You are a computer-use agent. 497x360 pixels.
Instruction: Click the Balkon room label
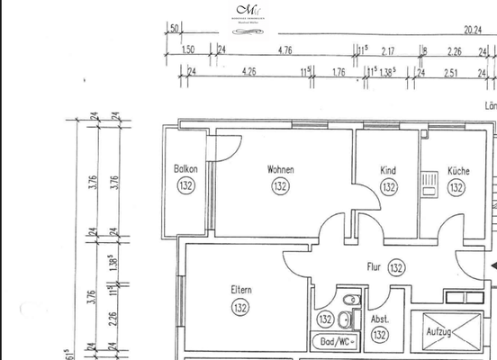185,169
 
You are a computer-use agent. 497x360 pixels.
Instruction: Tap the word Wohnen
280,169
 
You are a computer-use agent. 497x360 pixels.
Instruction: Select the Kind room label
388,170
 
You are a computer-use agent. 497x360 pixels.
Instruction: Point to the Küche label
456,170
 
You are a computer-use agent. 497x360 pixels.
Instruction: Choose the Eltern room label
240,290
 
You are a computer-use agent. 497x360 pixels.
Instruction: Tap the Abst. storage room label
379,319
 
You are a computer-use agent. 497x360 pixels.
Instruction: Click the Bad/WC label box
338,342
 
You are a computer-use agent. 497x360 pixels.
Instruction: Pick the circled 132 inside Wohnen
280,187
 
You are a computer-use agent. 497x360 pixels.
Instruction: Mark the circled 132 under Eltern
240,308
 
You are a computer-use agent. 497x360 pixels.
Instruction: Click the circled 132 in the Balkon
185,186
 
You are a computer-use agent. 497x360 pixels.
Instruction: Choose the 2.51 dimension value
452,73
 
